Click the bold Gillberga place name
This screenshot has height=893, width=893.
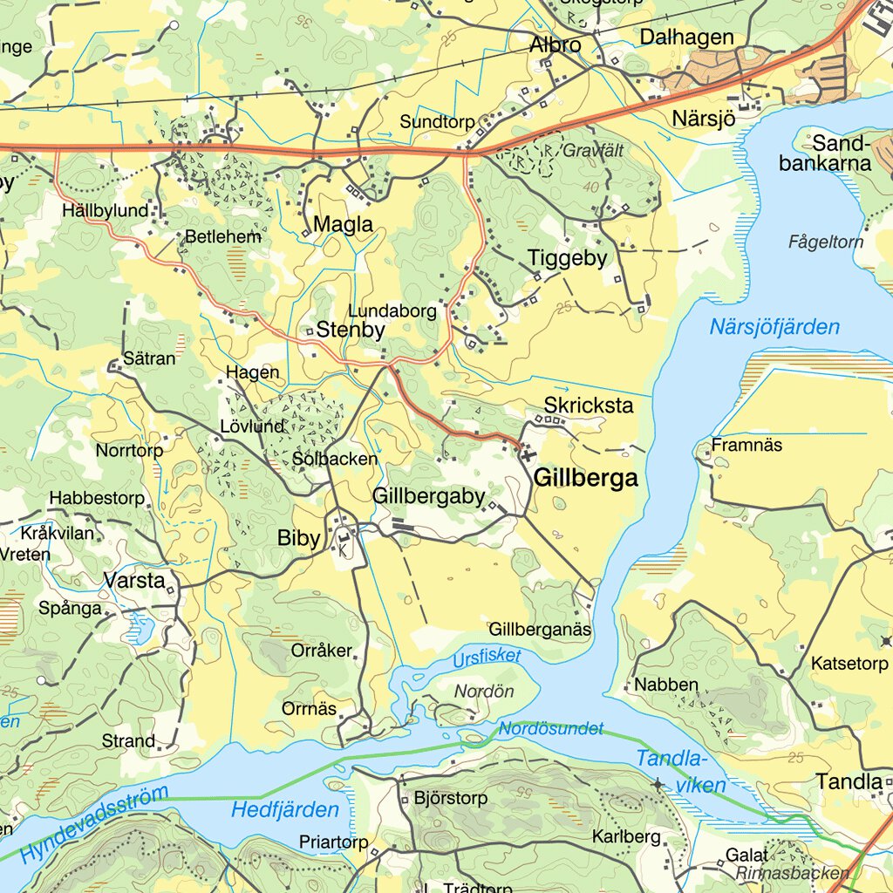pyautogui.click(x=585, y=478)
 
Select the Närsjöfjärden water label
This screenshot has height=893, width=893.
pyautogui.click(x=774, y=328)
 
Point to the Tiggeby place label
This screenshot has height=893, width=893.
pyautogui.click(x=567, y=258)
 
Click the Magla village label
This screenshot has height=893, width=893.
pyautogui.click(x=343, y=224)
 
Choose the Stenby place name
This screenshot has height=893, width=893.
pyautogui.click(x=350, y=331)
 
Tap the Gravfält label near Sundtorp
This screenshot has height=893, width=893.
pyautogui.click(x=593, y=151)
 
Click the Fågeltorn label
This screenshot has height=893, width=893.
pyautogui.click(x=825, y=242)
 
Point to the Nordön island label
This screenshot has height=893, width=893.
pyautogui.click(x=484, y=692)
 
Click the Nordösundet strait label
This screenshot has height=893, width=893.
pyautogui.click(x=551, y=728)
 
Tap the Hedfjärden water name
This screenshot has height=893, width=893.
pyautogui.click(x=284, y=810)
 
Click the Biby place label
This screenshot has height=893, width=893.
pyautogui.click(x=299, y=538)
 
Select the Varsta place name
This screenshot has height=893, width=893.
pyautogui.click(x=134, y=580)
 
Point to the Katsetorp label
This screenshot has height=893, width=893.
pyautogui.click(x=849, y=665)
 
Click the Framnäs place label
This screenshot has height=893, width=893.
pyautogui.click(x=746, y=445)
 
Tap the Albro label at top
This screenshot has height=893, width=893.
pyautogui.click(x=556, y=44)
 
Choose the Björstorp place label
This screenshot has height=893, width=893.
pyautogui.click(x=451, y=798)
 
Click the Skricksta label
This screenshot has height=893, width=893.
pyautogui.click(x=589, y=406)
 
